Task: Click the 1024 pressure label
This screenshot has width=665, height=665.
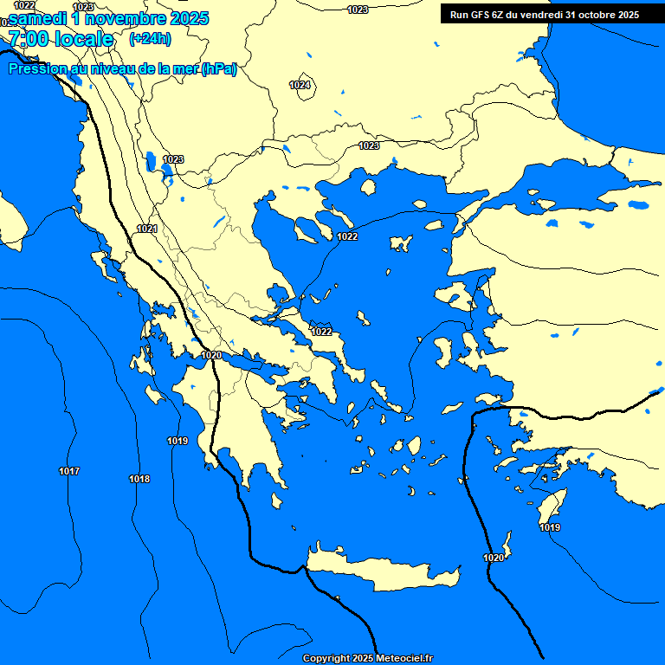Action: [300, 85]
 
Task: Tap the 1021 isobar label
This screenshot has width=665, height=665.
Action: [146, 229]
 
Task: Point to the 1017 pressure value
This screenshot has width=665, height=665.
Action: [69, 471]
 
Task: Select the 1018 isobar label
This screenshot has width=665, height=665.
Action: [139, 479]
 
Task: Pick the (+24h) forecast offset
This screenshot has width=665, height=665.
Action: [150, 39]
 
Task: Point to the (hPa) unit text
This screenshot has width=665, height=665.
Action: [218, 69]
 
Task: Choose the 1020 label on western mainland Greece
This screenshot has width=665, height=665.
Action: [211, 355]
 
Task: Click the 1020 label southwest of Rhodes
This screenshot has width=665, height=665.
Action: [494, 558]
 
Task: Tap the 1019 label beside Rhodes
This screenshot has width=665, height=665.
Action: [550, 527]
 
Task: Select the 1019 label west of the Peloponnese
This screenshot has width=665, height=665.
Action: [178, 441]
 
